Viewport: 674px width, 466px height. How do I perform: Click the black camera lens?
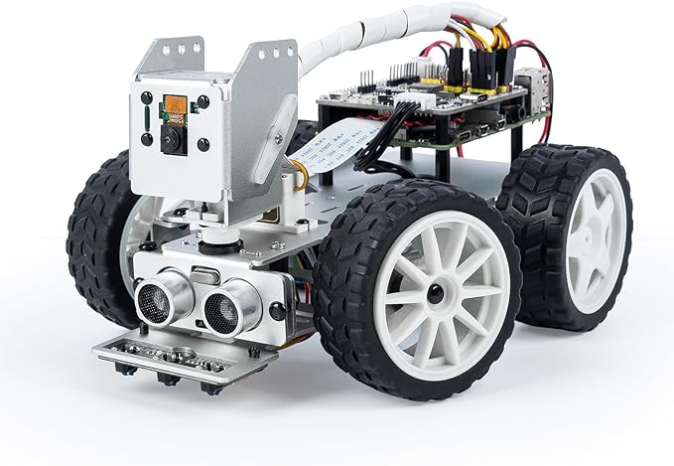(172, 139)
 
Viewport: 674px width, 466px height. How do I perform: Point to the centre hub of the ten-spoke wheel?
(434, 293)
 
